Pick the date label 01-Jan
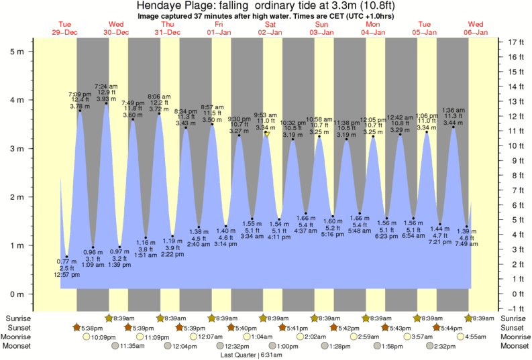pos(219,32)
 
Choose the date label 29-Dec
pos(65,32)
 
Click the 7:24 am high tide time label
pos(106,86)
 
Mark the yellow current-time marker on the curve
pos(267,134)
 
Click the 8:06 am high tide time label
pos(159,96)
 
